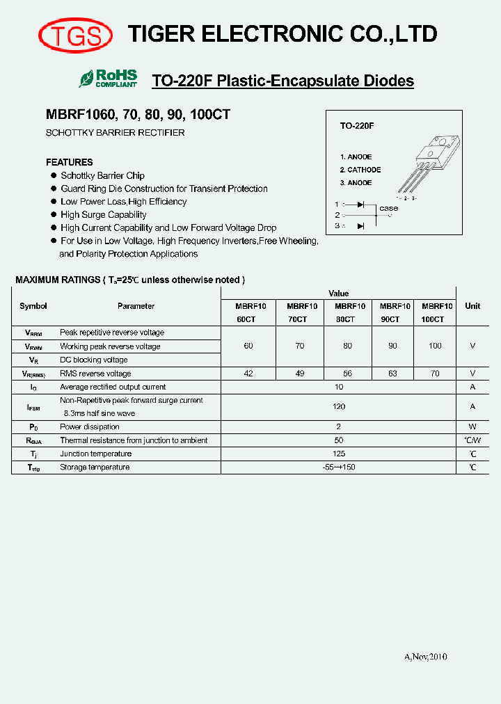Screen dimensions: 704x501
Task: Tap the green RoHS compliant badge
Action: (109, 78)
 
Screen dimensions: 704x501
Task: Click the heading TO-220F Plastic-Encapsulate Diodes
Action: (283, 81)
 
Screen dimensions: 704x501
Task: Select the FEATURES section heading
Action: (69, 162)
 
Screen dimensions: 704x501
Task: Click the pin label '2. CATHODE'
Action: (360, 170)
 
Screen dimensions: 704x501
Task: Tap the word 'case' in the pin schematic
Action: (388, 208)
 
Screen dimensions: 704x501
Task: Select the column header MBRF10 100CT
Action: (436, 312)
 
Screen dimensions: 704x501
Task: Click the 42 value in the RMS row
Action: (248, 374)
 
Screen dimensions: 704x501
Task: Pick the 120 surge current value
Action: (339, 406)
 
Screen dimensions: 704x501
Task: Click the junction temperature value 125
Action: (339, 454)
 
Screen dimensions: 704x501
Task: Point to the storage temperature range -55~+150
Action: (339, 467)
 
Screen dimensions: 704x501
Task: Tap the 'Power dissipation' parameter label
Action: (89, 427)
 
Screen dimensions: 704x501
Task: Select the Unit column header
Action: (472, 306)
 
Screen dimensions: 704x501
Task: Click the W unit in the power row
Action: (472, 427)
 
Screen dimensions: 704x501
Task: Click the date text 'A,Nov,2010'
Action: (425, 657)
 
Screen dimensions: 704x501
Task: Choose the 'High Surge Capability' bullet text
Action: (103, 215)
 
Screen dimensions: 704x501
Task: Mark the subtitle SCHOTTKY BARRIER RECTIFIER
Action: (115, 133)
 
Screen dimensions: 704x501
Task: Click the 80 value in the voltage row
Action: (347, 346)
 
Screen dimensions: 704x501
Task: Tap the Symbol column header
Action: (33, 306)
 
